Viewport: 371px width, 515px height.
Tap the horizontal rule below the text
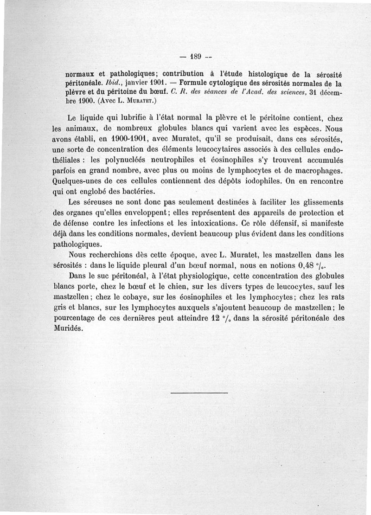pos(200,393)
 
